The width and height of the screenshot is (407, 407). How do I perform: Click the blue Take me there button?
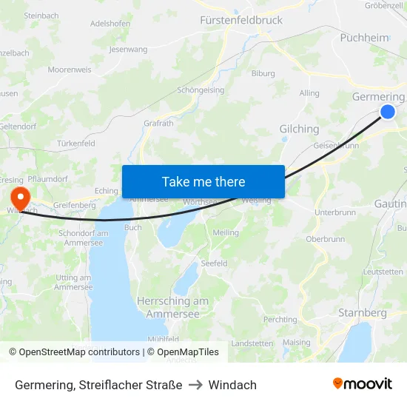pyautogui.click(x=203, y=181)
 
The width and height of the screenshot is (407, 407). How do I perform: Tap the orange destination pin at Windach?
pyautogui.click(x=19, y=198)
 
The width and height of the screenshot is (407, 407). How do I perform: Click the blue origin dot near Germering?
pyautogui.click(x=388, y=112)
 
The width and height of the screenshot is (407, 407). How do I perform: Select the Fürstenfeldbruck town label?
pyautogui.click(x=241, y=21)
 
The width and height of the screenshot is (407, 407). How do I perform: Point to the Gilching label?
pyautogui.click(x=299, y=129)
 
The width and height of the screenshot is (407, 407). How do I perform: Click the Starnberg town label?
pyautogui.click(x=362, y=313)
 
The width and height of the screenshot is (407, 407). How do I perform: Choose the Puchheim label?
pyautogui.click(x=363, y=38)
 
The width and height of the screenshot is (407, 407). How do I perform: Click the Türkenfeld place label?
pyautogui.click(x=76, y=144)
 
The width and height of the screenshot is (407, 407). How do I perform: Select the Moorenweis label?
pyautogui.click(x=69, y=70)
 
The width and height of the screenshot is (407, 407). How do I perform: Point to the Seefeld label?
pyautogui.click(x=214, y=263)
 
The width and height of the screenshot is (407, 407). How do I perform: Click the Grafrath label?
pyautogui.click(x=158, y=124)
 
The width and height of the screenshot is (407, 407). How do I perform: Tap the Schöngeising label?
pyautogui.click(x=201, y=90)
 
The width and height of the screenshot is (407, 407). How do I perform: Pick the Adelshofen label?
pyautogui.click(x=110, y=23)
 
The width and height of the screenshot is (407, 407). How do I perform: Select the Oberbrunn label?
pyautogui.click(x=326, y=239)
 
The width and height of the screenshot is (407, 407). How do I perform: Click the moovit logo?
pyautogui.click(x=363, y=383)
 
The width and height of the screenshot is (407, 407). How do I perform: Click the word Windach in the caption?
pyautogui.click(x=232, y=385)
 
